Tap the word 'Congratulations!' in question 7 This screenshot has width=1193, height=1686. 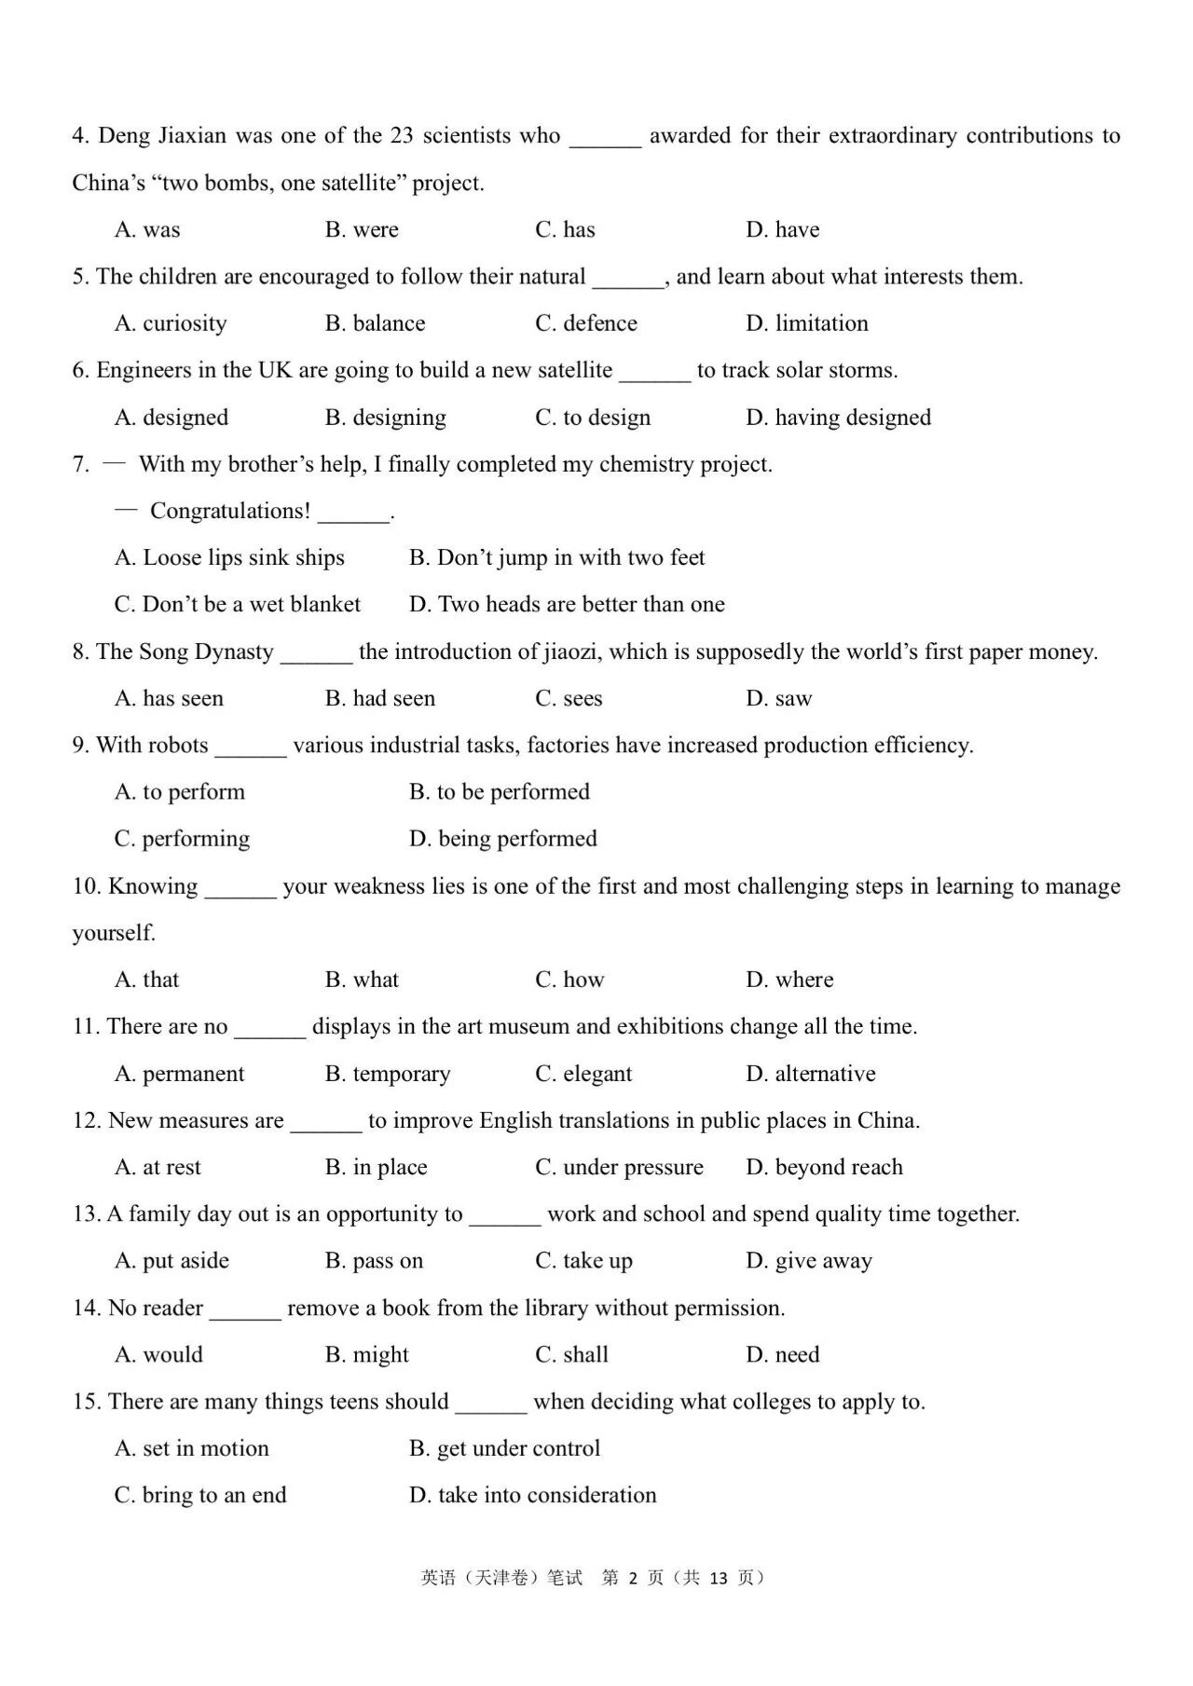[x=230, y=511]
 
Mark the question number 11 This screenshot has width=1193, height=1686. [x=86, y=1027]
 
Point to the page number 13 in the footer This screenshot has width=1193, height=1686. [x=718, y=1578]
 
